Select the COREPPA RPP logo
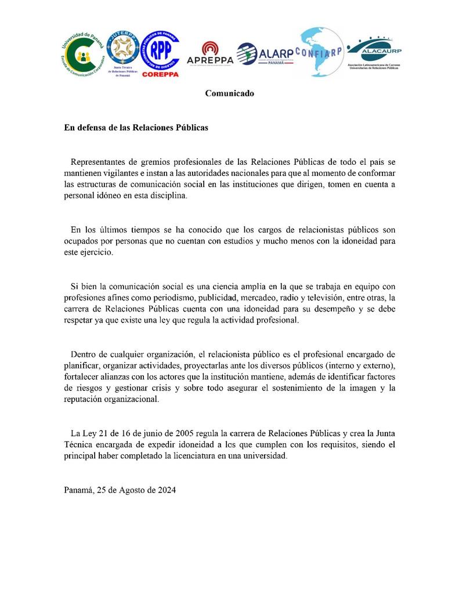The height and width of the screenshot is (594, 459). click(160, 53)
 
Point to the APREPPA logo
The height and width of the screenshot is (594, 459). click(210, 54)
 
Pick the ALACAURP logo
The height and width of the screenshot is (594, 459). click(374, 53)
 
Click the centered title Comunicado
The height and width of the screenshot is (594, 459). click(229, 93)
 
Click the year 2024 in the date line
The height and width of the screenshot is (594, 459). click(165, 490)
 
